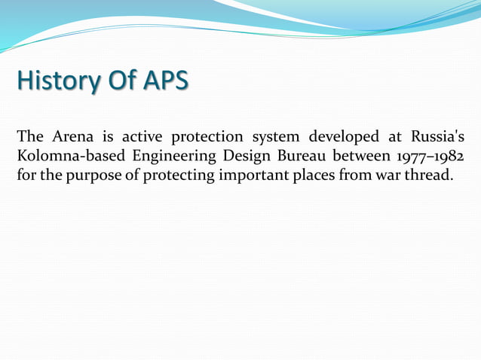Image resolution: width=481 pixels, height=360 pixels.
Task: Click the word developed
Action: [x=343, y=138]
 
